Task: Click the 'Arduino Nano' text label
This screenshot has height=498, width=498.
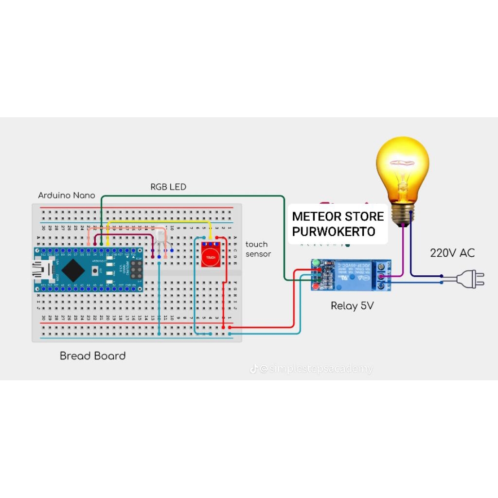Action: coord(67,196)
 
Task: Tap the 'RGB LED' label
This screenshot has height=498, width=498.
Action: coord(168,187)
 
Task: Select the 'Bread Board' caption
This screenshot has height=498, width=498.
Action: coord(92,356)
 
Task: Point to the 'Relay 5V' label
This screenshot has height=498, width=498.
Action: coord(352,306)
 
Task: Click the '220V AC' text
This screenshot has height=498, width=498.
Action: coord(452,253)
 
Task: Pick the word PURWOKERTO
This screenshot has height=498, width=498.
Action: coord(334,231)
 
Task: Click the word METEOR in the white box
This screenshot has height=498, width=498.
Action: coord(316,216)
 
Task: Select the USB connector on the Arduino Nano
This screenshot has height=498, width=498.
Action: coord(38,269)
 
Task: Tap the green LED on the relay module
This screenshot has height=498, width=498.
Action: coord(316,263)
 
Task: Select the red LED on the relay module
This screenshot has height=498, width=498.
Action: coord(316,287)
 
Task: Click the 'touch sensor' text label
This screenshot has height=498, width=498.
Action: coord(258,249)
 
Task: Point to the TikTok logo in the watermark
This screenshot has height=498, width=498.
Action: coord(253,369)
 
